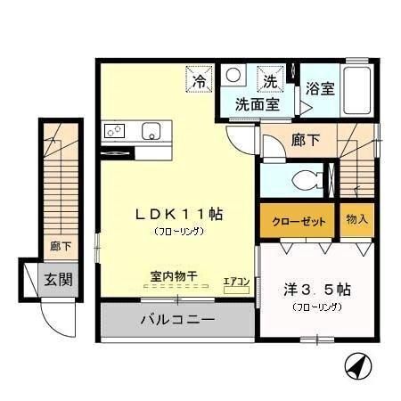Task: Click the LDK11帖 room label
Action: [178, 214]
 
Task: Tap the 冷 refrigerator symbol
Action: [199, 81]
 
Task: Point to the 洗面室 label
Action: [258, 103]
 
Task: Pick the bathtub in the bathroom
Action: [357, 89]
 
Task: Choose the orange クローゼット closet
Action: [298, 220]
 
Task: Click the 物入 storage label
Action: [357, 220]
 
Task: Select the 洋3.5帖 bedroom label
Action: [317, 290]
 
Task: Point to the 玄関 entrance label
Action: [58, 280]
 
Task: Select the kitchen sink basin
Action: [149, 130]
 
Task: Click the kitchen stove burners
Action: [115, 130]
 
